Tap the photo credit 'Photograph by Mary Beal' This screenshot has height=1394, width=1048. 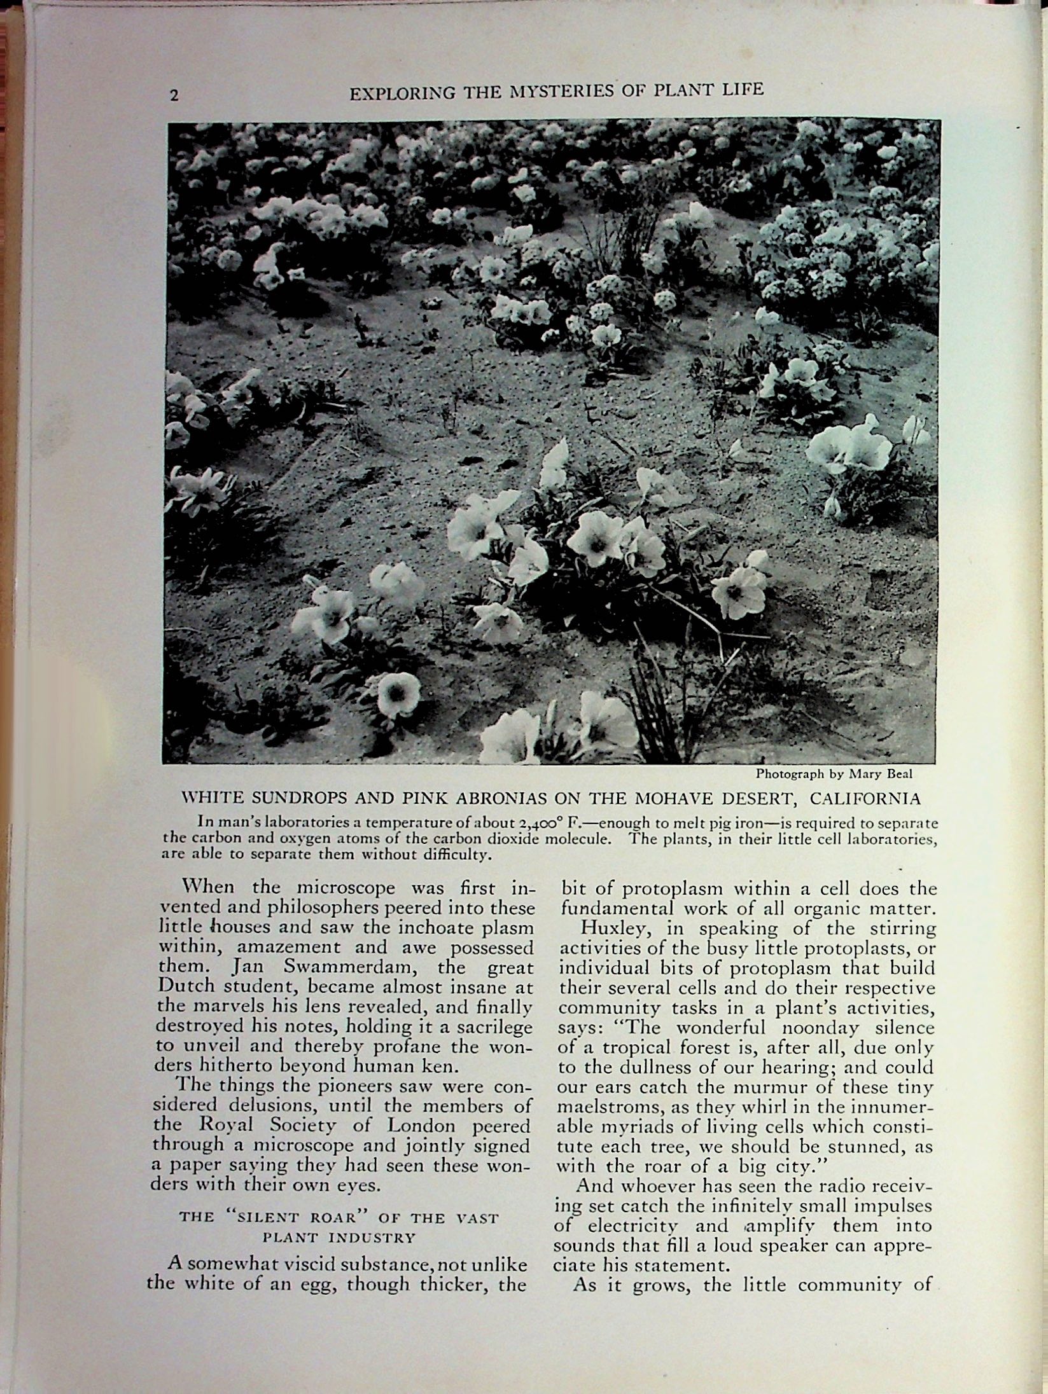click(834, 774)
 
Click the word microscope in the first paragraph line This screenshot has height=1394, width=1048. click(344, 887)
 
